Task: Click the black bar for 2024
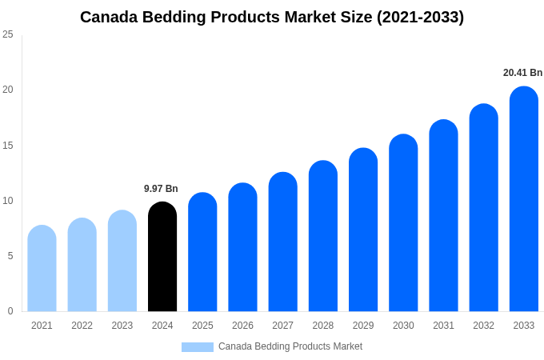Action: (x=162, y=257)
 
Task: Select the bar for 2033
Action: (x=523, y=199)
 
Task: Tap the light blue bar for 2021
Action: (x=42, y=269)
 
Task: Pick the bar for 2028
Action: (x=322, y=236)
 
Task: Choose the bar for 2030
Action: (x=403, y=223)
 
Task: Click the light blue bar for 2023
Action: (x=122, y=261)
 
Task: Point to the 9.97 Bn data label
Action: (x=161, y=189)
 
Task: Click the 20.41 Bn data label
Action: (x=522, y=73)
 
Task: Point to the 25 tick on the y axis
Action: (x=8, y=34)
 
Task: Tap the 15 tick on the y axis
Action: (x=8, y=146)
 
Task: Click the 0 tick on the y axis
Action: (x=10, y=311)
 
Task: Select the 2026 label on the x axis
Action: (x=242, y=326)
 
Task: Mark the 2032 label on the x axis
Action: (x=483, y=326)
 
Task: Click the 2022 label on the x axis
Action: (x=82, y=326)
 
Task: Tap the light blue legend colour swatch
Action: (x=197, y=347)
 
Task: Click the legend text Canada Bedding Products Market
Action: (x=290, y=346)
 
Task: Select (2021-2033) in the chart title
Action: (x=420, y=17)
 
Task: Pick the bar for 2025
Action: (x=202, y=252)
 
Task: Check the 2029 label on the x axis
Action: (x=363, y=326)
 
